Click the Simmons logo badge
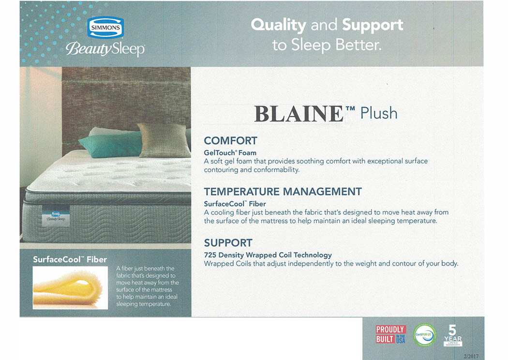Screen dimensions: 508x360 click(x=105, y=28)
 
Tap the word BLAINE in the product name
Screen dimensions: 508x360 click(x=299, y=114)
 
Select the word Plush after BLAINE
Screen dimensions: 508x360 click(x=379, y=114)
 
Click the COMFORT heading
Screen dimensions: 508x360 click(x=230, y=141)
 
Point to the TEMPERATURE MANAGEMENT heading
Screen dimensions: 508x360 click(x=283, y=192)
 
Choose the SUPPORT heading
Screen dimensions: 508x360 click(x=228, y=243)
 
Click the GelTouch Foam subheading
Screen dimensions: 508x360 click(x=230, y=152)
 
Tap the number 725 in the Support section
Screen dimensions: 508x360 click(x=210, y=255)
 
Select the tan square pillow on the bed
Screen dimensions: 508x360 click(x=164, y=140)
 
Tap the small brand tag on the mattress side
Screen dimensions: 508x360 click(x=56, y=215)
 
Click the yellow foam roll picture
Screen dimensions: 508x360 click(x=70, y=287)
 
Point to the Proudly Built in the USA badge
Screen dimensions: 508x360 click(x=390, y=334)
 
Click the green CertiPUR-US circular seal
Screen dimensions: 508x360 click(x=424, y=335)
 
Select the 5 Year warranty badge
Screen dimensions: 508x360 click(x=452, y=335)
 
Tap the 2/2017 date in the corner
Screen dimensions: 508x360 click(x=471, y=356)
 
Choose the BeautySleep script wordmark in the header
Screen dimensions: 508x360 click(x=105, y=49)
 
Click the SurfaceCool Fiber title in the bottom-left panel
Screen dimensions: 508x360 click(x=70, y=259)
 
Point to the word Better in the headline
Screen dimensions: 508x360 click(x=359, y=45)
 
